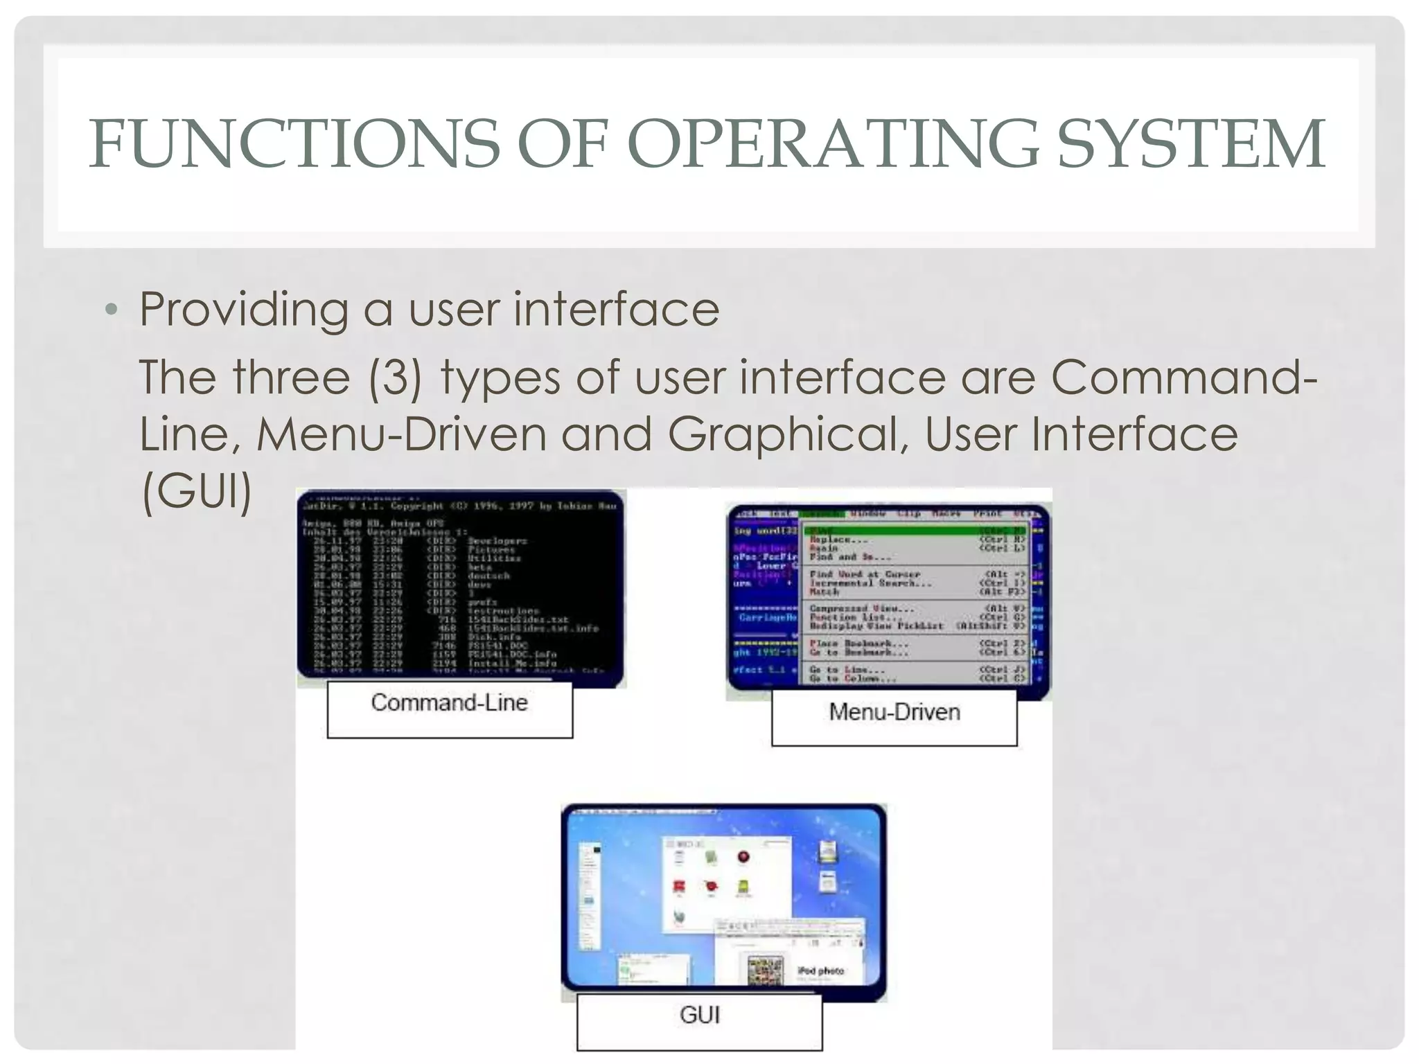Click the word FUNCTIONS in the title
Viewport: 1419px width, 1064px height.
pos(294,143)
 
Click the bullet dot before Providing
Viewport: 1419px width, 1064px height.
pos(112,310)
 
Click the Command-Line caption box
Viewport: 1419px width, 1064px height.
pos(450,709)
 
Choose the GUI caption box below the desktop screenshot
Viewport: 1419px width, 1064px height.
pos(699,1021)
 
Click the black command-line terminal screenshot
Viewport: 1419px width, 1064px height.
pos(461,589)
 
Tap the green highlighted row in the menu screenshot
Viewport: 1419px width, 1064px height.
pos(915,531)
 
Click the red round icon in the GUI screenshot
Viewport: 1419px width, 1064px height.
pos(743,858)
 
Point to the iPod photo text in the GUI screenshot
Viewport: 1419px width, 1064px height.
pos(820,970)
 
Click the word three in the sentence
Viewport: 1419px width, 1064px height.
pos(291,378)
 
